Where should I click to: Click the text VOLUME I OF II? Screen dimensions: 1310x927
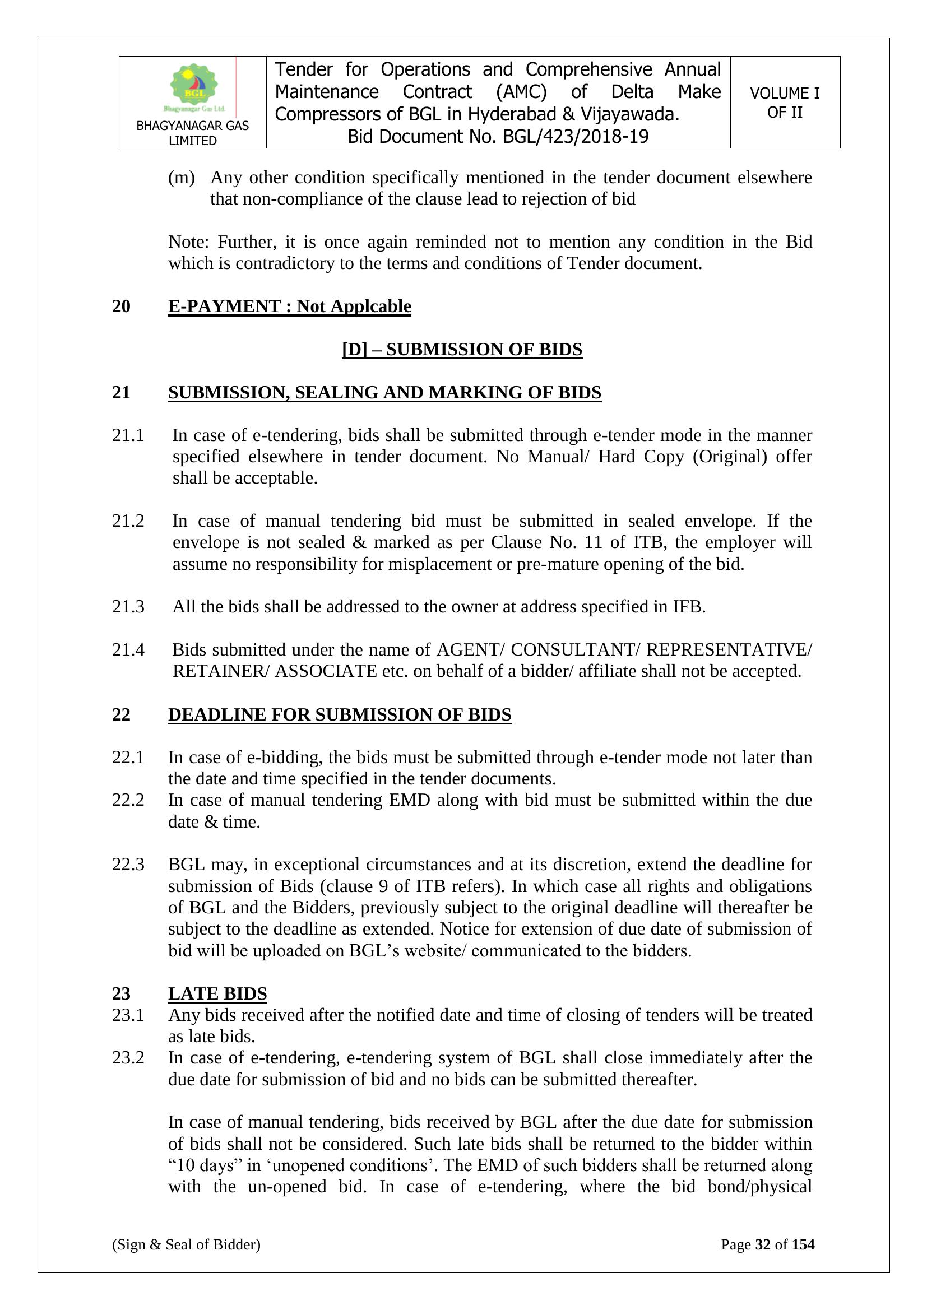784,103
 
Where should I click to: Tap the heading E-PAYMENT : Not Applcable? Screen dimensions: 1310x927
289,306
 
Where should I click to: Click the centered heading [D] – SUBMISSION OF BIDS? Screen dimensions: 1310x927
462,349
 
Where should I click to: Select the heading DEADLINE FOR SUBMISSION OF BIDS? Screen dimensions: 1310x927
340,714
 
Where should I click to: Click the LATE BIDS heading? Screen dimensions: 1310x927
217,993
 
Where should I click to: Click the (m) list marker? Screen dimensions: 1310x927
181,178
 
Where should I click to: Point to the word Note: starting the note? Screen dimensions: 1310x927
189,242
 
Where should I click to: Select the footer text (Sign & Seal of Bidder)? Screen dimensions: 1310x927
186,1244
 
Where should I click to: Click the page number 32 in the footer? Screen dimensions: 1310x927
763,1244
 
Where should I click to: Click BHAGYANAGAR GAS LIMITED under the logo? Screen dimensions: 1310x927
192,133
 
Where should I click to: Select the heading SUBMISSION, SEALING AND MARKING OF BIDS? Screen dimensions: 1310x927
384,393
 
